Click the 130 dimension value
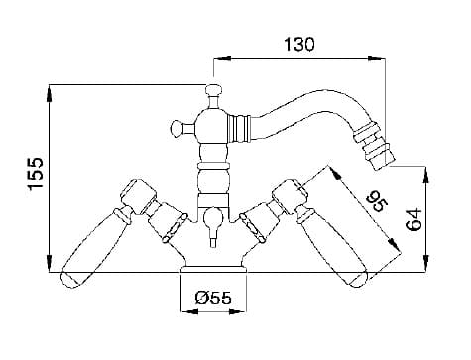coord(299,45)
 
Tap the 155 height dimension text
coord(36,175)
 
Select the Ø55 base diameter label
coord(213,299)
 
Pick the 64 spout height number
coord(413,219)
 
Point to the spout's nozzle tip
coord(384,164)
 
